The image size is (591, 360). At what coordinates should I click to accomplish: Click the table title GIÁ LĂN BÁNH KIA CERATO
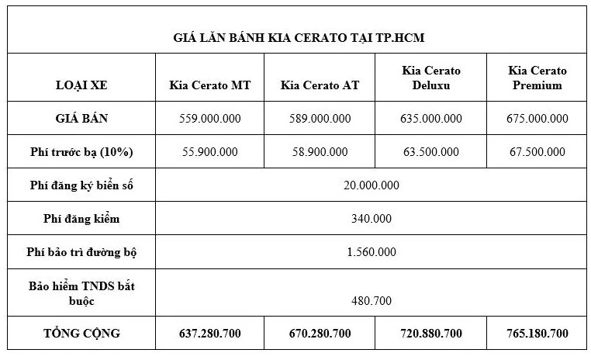pyautogui.click(x=298, y=37)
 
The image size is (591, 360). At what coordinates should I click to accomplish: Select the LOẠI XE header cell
pyautogui.click(x=81, y=85)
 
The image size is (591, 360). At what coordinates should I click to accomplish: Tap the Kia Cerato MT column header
pyautogui.click(x=209, y=85)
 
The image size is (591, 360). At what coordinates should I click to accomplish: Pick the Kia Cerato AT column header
pyautogui.click(x=320, y=85)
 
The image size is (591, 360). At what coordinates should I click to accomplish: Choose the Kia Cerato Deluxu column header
pyautogui.click(x=431, y=78)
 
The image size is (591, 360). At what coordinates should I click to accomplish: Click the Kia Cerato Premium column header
pyautogui.click(x=537, y=78)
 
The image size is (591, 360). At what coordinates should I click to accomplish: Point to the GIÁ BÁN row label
pyautogui.click(x=81, y=119)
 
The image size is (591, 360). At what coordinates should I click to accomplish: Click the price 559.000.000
pyautogui.click(x=209, y=119)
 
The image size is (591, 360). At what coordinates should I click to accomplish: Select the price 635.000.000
pyautogui.click(x=431, y=119)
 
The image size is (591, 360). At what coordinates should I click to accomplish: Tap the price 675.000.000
pyautogui.click(x=537, y=119)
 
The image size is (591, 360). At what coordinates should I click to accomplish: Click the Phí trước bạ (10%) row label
pyautogui.click(x=81, y=151)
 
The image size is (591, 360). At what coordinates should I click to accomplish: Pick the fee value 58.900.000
pyautogui.click(x=320, y=151)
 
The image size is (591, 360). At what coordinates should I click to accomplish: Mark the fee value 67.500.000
pyautogui.click(x=537, y=151)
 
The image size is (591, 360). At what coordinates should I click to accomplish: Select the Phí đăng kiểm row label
pyautogui.click(x=81, y=219)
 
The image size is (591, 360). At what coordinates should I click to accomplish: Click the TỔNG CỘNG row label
pyautogui.click(x=81, y=334)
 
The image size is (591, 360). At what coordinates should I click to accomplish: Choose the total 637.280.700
pyautogui.click(x=209, y=334)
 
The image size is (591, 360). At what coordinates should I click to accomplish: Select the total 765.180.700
pyautogui.click(x=537, y=334)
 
